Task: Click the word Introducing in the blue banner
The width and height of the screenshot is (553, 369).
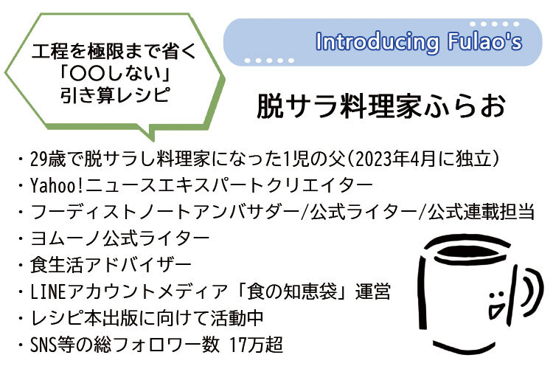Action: [378, 42]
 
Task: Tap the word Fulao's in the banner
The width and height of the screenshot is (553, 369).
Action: [484, 41]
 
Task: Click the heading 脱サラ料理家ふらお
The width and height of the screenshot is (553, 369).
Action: [381, 106]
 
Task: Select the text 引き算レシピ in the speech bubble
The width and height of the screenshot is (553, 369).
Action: [115, 95]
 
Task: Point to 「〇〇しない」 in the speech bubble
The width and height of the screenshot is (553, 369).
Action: [115, 74]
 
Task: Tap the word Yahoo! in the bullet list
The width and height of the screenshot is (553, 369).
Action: [57, 185]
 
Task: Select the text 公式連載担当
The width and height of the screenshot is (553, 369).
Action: [481, 212]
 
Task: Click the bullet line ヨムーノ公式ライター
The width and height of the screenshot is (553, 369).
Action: [120, 238]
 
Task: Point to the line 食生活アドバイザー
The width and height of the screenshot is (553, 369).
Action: [111, 265]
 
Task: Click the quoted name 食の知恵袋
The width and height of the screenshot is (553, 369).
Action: [292, 292]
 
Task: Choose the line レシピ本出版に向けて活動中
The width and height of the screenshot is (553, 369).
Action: [147, 318]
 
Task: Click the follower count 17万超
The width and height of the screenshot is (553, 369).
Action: [256, 345]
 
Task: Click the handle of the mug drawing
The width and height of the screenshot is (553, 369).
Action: [533, 292]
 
